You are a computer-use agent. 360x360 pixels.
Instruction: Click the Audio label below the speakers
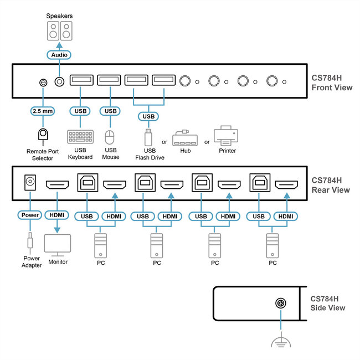pos(59,55)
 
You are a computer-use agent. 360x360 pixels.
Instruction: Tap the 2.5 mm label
pos(42,111)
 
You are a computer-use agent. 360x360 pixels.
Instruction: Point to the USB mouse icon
pos(110,137)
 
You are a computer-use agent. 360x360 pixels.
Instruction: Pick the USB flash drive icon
pos(148,136)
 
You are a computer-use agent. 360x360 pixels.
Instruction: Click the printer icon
pos(226,135)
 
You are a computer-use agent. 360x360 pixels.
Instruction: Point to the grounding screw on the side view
pos(281,303)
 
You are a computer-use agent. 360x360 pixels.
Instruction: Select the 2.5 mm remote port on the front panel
pos(43,82)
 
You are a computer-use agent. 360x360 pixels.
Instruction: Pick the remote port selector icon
pos(42,135)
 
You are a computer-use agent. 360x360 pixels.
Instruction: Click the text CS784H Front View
pos(332,83)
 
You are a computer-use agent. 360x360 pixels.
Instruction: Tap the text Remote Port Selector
pos(42,154)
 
